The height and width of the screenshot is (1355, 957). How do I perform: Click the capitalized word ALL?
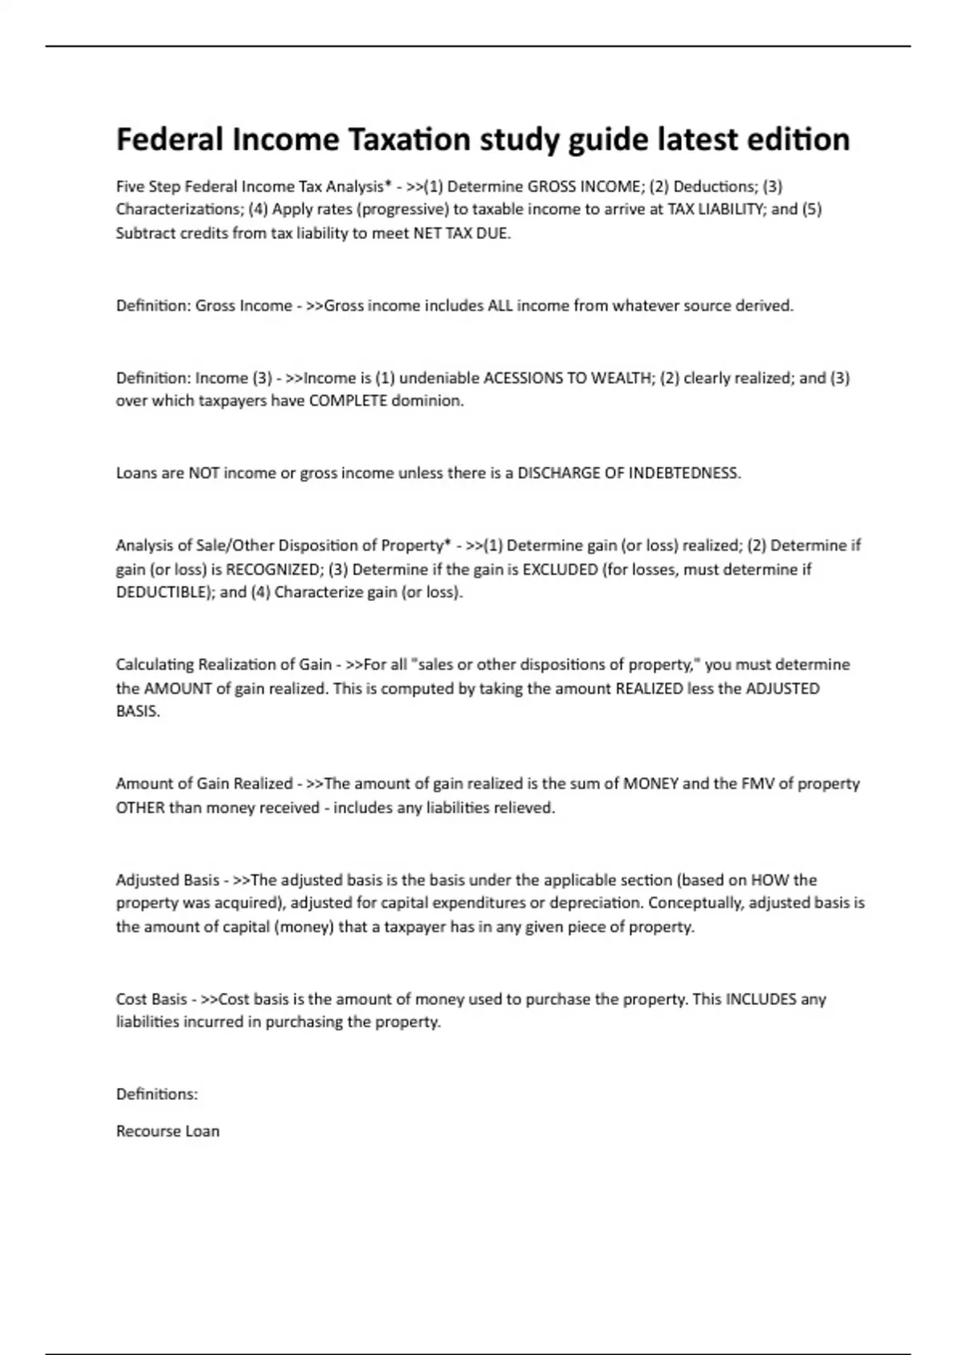pos(500,306)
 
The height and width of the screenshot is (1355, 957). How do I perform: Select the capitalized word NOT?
pos(203,473)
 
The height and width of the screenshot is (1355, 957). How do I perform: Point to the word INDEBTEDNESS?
pos(683,473)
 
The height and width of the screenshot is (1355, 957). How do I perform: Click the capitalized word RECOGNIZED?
pos(273,570)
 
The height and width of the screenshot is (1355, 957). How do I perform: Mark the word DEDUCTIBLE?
pos(162,593)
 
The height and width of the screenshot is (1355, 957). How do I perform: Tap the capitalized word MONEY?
pos(650,784)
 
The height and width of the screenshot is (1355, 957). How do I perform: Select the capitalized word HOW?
pos(770,881)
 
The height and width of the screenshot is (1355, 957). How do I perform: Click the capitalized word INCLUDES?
pos(761,1000)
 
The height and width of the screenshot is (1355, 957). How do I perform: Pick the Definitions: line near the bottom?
pos(157,1094)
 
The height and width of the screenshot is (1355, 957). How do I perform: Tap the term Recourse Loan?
pos(167,1132)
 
